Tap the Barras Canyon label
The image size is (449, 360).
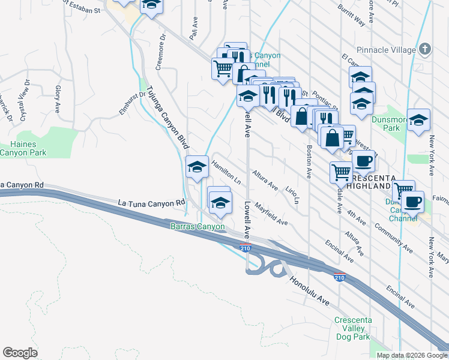click(197, 226)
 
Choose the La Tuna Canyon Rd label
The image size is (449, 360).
click(151, 203)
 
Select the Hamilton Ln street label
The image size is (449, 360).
click(226, 172)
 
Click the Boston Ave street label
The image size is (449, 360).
click(309, 163)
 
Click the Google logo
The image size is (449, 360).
click(20, 352)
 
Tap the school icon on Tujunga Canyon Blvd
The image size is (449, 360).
click(196, 168)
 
